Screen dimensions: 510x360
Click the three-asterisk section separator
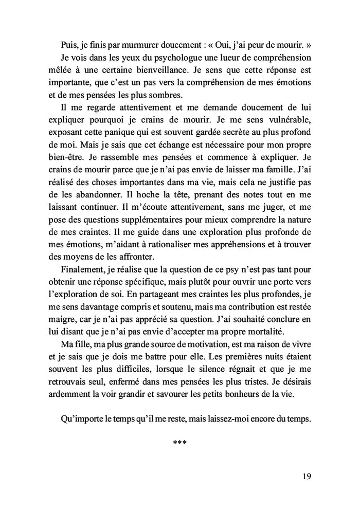pyautogui.click(x=180, y=443)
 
